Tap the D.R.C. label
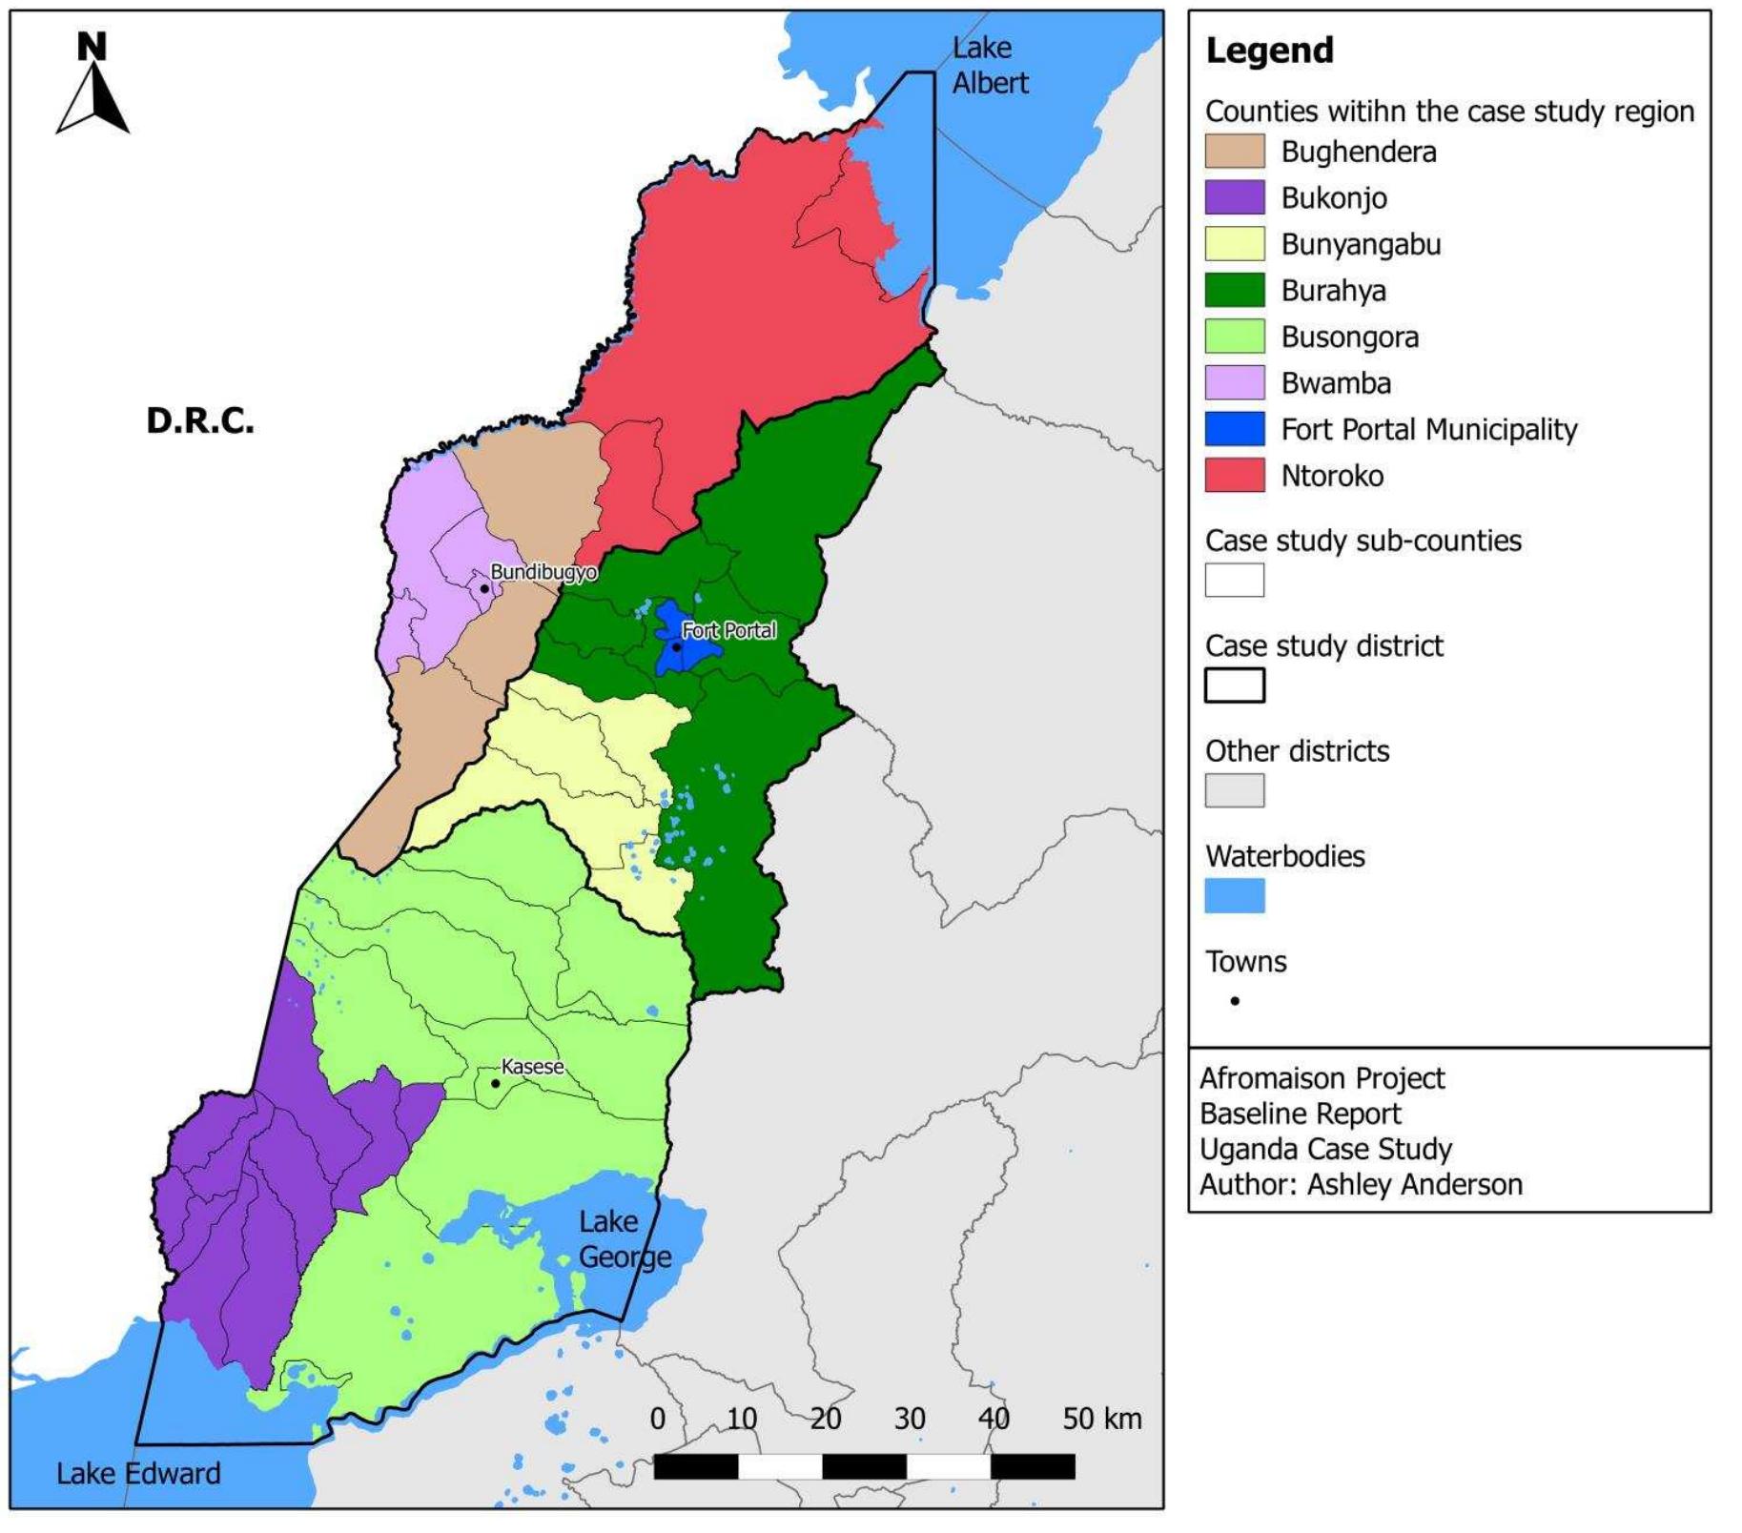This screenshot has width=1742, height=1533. [x=200, y=420]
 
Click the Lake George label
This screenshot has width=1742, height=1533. [x=625, y=1239]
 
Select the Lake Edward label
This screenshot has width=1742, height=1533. [x=138, y=1473]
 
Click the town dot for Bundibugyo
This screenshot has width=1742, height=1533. [x=484, y=588]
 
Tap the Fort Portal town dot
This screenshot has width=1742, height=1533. [x=676, y=646]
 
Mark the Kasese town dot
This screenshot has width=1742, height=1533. [x=495, y=1083]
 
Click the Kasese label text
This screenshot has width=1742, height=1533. [x=532, y=1066]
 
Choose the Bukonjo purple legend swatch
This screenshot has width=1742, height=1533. [x=1234, y=197]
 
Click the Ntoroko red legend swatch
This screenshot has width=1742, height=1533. [x=1234, y=475]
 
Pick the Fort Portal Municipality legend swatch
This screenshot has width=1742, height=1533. [x=1234, y=429]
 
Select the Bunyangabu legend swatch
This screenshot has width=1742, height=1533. [x=1234, y=244]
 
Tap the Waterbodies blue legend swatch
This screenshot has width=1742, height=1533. [x=1234, y=895]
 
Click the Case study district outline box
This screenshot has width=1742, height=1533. [x=1234, y=685]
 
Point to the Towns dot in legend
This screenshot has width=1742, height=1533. [x=1235, y=1001]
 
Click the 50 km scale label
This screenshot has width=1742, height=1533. [x=1101, y=1419]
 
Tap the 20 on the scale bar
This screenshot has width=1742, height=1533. [x=826, y=1419]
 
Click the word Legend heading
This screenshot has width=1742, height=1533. [x=1269, y=50]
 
